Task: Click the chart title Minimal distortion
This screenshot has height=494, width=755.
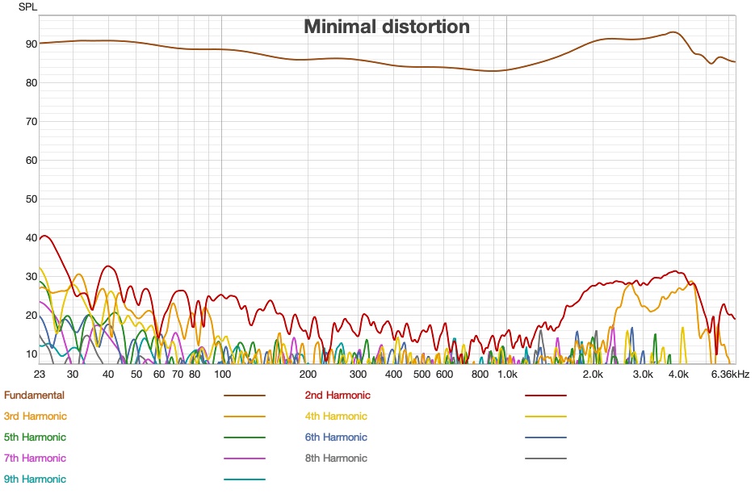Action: pos(386,27)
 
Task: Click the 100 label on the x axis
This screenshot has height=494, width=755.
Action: pos(222,375)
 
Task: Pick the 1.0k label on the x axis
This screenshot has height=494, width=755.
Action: pos(506,375)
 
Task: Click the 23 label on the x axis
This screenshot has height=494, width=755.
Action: pos(40,375)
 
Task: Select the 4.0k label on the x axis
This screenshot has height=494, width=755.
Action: pos(678,375)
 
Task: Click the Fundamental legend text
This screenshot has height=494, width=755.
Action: pos(34,396)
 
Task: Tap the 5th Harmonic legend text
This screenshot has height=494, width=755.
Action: pos(35,437)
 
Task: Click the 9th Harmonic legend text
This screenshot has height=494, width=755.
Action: pos(35,479)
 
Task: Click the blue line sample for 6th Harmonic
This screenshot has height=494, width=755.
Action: pos(545,437)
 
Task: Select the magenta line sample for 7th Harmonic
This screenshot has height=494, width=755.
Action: pos(244,458)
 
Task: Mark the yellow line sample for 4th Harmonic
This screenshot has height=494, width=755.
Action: pos(545,417)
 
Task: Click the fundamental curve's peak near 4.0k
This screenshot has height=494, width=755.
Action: pos(673,33)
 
